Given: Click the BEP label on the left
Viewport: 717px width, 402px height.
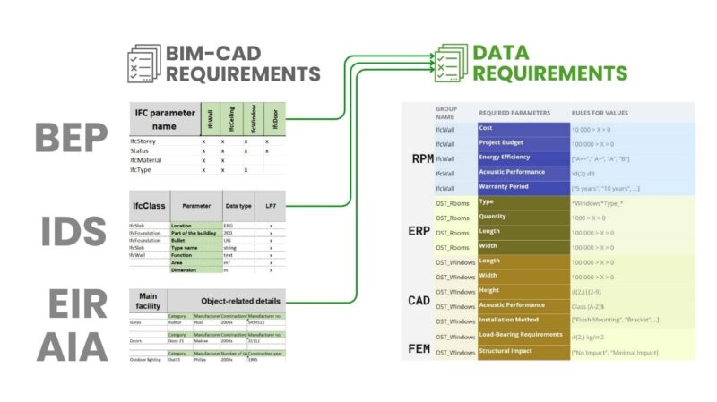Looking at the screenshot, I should point(72,138).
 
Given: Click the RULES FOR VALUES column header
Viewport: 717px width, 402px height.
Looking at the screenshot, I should point(600,113).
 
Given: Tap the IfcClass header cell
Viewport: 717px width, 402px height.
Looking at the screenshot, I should point(148,205).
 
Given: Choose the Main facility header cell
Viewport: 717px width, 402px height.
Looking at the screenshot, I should point(148,299).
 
